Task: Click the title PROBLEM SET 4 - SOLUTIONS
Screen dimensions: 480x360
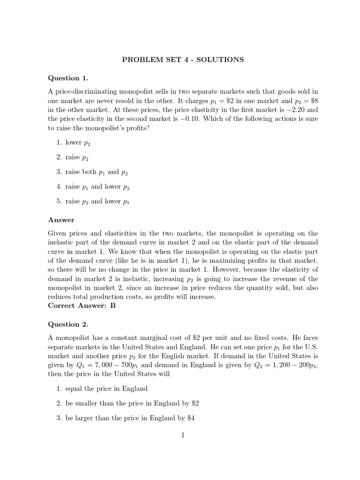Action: point(183,60)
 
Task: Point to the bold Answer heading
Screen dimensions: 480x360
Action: point(61,219)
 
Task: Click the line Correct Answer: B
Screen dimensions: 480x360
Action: point(82,306)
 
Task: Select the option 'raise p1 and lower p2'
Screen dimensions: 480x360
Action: point(97,187)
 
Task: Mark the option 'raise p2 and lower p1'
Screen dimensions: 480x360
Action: point(97,202)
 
